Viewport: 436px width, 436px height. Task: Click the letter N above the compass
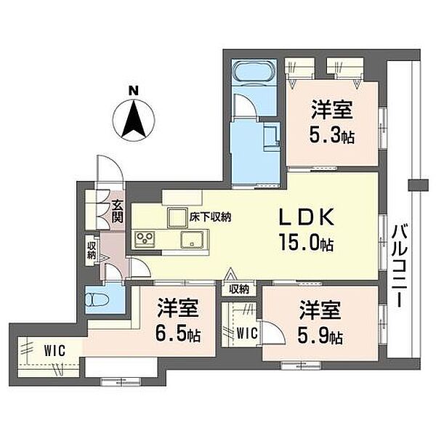(x=134, y=91)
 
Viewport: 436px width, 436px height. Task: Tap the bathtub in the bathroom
(x=254, y=70)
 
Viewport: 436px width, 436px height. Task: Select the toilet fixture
(x=97, y=299)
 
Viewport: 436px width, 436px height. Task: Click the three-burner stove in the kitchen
(x=145, y=239)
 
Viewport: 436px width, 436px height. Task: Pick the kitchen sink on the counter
(x=192, y=239)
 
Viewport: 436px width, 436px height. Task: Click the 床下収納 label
(x=210, y=217)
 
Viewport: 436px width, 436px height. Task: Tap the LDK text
(x=307, y=217)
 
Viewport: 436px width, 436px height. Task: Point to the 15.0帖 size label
(x=307, y=242)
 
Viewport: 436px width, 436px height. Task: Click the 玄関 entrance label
(x=117, y=212)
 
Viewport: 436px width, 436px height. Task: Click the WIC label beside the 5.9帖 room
(x=247, y=333)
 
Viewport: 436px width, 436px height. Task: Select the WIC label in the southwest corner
(x=54, y=350)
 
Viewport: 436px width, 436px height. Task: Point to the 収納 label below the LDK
(x=239, y=290)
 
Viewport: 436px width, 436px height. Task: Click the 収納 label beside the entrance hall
(x=92, y=250)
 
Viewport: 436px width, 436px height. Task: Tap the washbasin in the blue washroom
(x=271, y=138)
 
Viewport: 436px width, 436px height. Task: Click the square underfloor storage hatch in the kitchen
(x=177, y=217)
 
